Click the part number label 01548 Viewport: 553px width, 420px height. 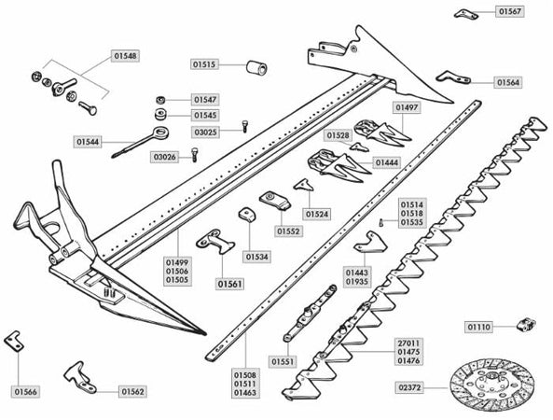(125, 56)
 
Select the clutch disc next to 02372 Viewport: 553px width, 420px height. (491, 385)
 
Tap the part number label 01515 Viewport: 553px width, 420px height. (204, 64)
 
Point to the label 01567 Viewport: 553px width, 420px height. (509, 11)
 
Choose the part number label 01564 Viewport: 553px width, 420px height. (508, 82)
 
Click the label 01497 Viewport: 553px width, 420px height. (407, 107)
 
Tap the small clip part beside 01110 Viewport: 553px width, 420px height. (525, 326)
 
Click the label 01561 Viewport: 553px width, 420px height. (230, 284)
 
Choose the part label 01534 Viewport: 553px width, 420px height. (256, 256)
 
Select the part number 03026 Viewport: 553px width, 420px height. (164, 157)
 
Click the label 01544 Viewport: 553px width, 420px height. (89, 141)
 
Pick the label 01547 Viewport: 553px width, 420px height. (205, 98)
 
